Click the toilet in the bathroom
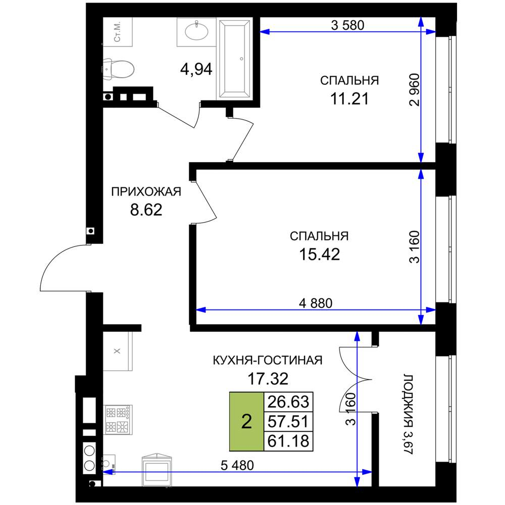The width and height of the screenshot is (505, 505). [x=119, y=69]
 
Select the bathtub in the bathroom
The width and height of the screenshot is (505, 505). [x=234, y=58]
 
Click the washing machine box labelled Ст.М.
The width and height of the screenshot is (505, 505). [x=118, y=32]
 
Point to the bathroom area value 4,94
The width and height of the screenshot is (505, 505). [x=196, y=69]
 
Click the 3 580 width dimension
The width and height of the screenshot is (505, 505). [x=347, y=25]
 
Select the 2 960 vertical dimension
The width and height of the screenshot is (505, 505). [x=415, y=90]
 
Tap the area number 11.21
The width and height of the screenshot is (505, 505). [x=349, y=98]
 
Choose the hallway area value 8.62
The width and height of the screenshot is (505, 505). [x=146, y=210]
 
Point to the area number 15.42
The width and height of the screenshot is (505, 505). [x=320, y=254]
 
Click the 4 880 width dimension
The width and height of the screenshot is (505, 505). [x=316, y=303]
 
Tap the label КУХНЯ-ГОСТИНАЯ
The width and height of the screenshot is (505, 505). [x=268, y=360]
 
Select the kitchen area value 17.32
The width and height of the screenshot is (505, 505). [x=268, y=379]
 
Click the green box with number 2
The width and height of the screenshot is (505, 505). [x=246, y=421]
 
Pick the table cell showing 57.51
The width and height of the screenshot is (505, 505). [x=288, y=421]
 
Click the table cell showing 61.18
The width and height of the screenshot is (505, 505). [x=288, y=440]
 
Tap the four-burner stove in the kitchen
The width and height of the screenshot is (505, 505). [x=118, y=420]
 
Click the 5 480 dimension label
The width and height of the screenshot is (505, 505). [x=237, y=465]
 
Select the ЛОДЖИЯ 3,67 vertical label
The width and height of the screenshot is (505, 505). [x=408, y=414]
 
